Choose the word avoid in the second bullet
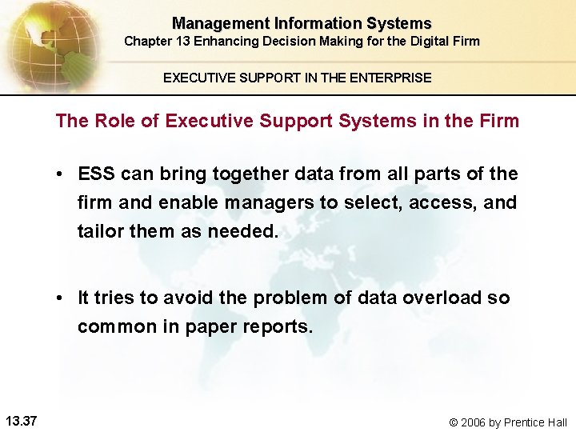tap(190, 298)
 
